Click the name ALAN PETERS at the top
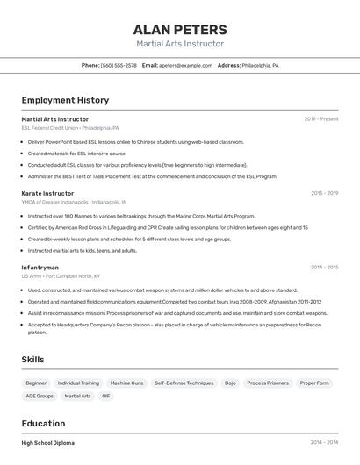point(179,29)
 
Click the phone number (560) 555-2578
point(119,65)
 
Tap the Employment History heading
point(65,100)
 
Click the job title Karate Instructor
point(47,193)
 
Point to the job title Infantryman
point(40,268)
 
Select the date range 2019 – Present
point(321,119)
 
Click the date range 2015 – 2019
point(324,193)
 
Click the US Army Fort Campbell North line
point(61,276)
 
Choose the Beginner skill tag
point(36,383)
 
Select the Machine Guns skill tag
point(126,383)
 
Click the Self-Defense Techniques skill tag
point(184,383)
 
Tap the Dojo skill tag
point(230,383)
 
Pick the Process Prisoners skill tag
point(268,383)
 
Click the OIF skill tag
point(106,397)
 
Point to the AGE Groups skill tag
point(40,397)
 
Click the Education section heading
point(43,423)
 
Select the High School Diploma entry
point(48,443)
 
